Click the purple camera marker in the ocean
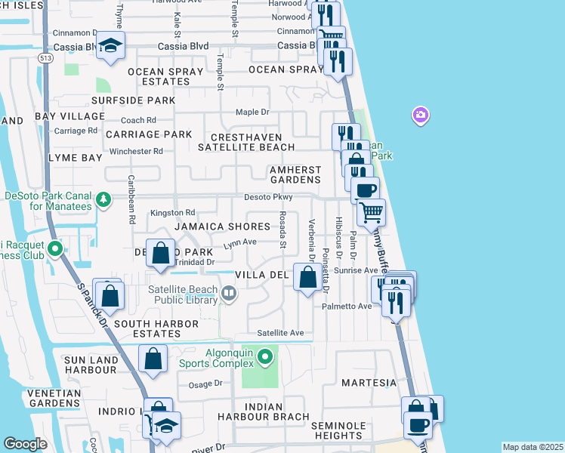[420, 116]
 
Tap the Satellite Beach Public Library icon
[228, 292]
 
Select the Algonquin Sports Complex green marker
[264, 356]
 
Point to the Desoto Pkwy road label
[267, 197]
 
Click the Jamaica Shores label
[222, 226]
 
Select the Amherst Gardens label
[295, 174]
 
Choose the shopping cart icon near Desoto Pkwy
[371, 213]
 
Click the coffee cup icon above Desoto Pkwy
[366, 190]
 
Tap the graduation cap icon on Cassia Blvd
[110, 48]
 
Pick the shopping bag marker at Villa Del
[307, 278]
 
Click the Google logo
[25, 444]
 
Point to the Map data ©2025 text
[532, 447]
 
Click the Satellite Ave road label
[279, 332]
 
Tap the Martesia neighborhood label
[369, 383]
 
